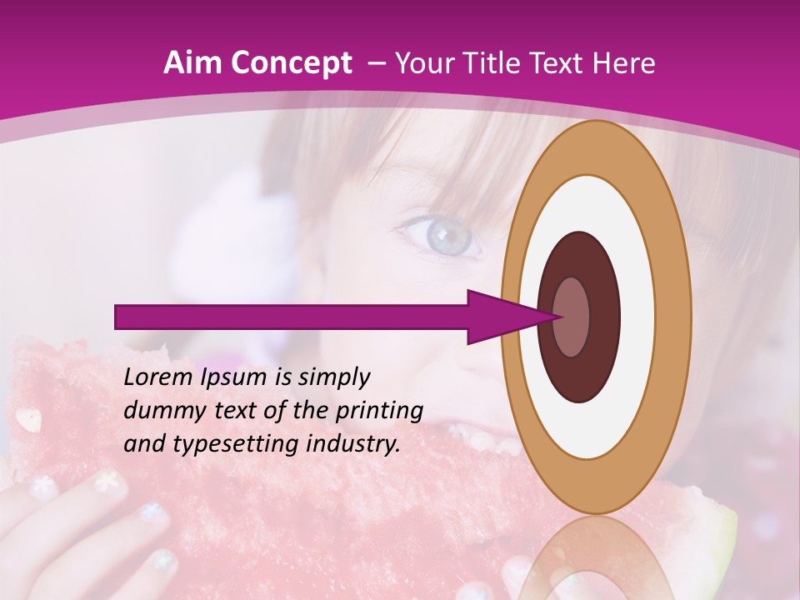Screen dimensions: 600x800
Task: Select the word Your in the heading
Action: click(x=421, y=63)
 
